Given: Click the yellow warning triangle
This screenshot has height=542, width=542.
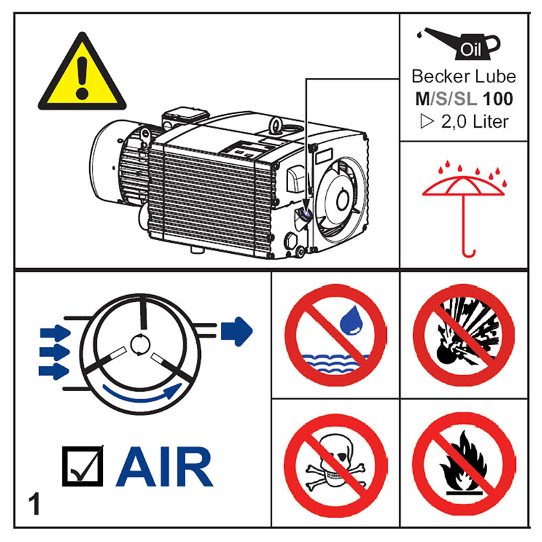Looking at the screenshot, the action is coord(82,74).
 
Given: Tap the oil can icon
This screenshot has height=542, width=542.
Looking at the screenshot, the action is coord(459,43).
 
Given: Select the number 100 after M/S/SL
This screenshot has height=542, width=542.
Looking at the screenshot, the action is coord(498,99).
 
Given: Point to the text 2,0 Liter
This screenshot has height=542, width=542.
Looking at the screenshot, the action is coord(475,121).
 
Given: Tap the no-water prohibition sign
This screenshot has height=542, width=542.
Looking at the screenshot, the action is coord(335,335).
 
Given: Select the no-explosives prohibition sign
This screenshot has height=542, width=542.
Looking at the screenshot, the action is coord(464,335).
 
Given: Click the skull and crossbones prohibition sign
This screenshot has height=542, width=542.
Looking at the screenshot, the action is coord(335,464).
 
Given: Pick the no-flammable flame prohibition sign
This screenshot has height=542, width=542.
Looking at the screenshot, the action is coord(464,464).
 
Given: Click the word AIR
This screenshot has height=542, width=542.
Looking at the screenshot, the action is coord(164,467).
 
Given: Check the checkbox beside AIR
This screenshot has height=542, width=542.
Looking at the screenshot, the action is coord(82,467).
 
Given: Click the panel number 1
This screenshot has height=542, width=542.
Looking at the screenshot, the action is coord(35,504).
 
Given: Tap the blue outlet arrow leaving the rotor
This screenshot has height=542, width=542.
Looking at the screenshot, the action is coord(237,331).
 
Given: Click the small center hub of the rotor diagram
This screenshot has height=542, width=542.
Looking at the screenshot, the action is coord(140,344).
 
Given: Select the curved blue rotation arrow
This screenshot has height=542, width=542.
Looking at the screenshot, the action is coord(142,396).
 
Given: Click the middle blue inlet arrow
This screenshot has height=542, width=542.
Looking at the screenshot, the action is coord(55,352).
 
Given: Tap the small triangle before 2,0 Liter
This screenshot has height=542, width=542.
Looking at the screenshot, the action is coord(427,121).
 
